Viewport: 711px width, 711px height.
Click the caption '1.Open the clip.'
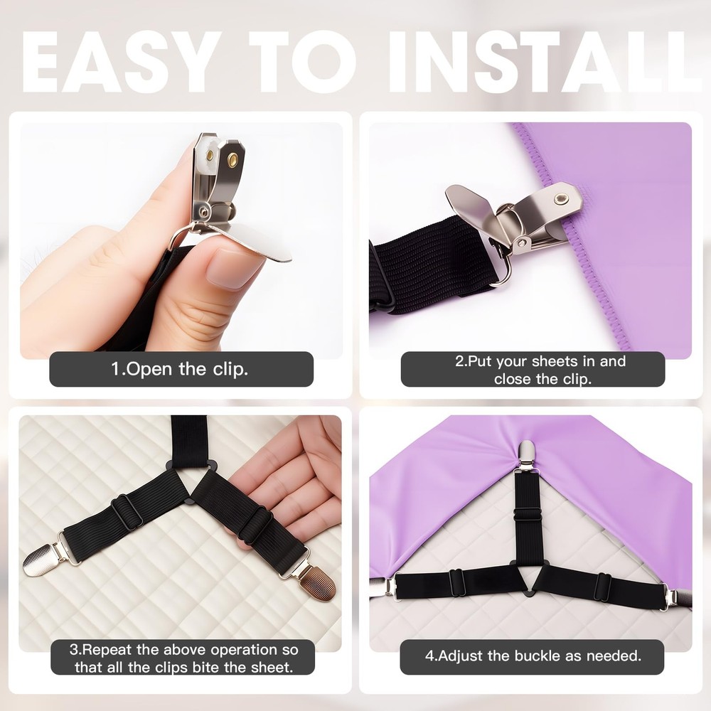coord(180,368)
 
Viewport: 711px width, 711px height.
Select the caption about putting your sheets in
coord(540,370)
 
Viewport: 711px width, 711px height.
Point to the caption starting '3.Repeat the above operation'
coord(183,658)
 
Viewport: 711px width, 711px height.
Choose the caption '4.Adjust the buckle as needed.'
coord(533,656)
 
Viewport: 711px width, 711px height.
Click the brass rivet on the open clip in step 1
coord(232,159)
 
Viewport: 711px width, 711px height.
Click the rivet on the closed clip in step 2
coord(561,198)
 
